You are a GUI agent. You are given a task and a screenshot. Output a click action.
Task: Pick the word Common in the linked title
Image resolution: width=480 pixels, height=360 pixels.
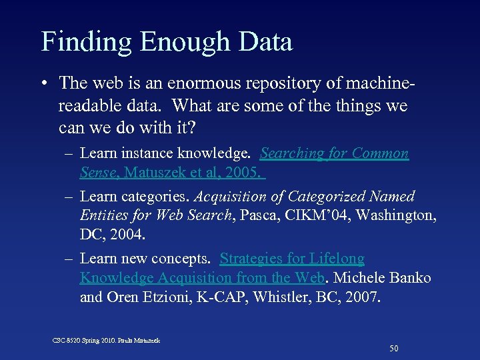(380, 153)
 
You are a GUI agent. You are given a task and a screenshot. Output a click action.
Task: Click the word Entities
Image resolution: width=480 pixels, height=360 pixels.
(104, 215)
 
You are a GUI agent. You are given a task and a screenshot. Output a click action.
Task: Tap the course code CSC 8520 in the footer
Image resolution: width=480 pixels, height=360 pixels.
(68, 340)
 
